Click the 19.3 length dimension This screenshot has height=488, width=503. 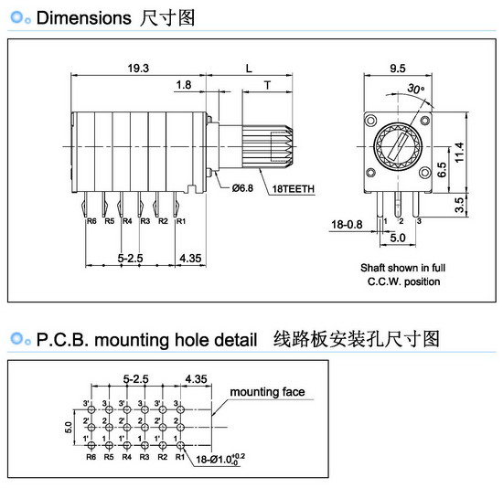(138, 69)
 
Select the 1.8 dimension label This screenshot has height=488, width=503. (184, 85)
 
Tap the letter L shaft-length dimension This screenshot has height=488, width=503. (249, 69)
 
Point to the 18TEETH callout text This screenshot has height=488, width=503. (294, 189)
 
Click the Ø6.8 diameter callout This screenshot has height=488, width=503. (242, 188)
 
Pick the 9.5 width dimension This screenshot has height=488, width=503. (398, 69)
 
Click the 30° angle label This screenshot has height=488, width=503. (416, 89)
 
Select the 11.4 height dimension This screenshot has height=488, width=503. (459, 153)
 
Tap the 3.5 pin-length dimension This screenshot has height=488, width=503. (459, 205)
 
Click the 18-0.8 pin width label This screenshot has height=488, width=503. (347, 225)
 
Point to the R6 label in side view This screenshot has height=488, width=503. (91, 221)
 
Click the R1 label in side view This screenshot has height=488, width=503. (181, 221)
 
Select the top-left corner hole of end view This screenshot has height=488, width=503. (371, 121)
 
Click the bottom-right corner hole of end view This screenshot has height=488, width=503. (424, 173)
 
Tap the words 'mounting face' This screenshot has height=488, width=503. (267, 392)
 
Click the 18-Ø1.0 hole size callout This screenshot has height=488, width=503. (220, 459)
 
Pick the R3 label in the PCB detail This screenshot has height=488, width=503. (144, 457)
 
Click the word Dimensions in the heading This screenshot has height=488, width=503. (84, 18)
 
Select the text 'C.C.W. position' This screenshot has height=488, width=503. (403, 281)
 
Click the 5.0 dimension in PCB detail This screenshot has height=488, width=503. (69, 428)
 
